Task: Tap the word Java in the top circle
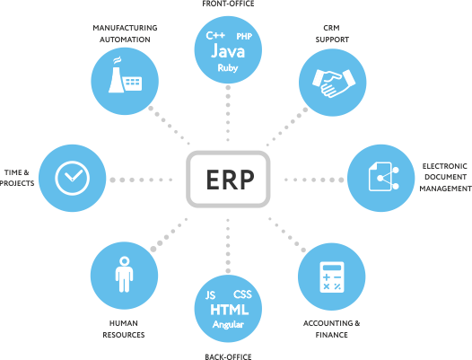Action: tap(228, 51)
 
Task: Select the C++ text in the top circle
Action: tap(215, 35)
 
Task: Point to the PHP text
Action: tap(244, 37)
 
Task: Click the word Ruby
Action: tap(228, 68)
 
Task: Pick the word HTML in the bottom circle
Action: tap(230, 310)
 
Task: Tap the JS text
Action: tap(210, 295)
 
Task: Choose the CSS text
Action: tap(242, 294)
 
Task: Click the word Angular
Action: tap(228, 325)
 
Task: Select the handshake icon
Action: tap(334, 83)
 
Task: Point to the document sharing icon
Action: tap(383, 177)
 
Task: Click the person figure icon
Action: tap(124, 274)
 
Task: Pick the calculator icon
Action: tap(332, 277)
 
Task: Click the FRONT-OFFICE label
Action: tap(228, 4)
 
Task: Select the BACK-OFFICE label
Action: tap(228, 357)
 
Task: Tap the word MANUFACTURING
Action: tap(125, 28)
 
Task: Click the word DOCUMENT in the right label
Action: tap(445, 177)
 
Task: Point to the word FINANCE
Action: tap(331, 335)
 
